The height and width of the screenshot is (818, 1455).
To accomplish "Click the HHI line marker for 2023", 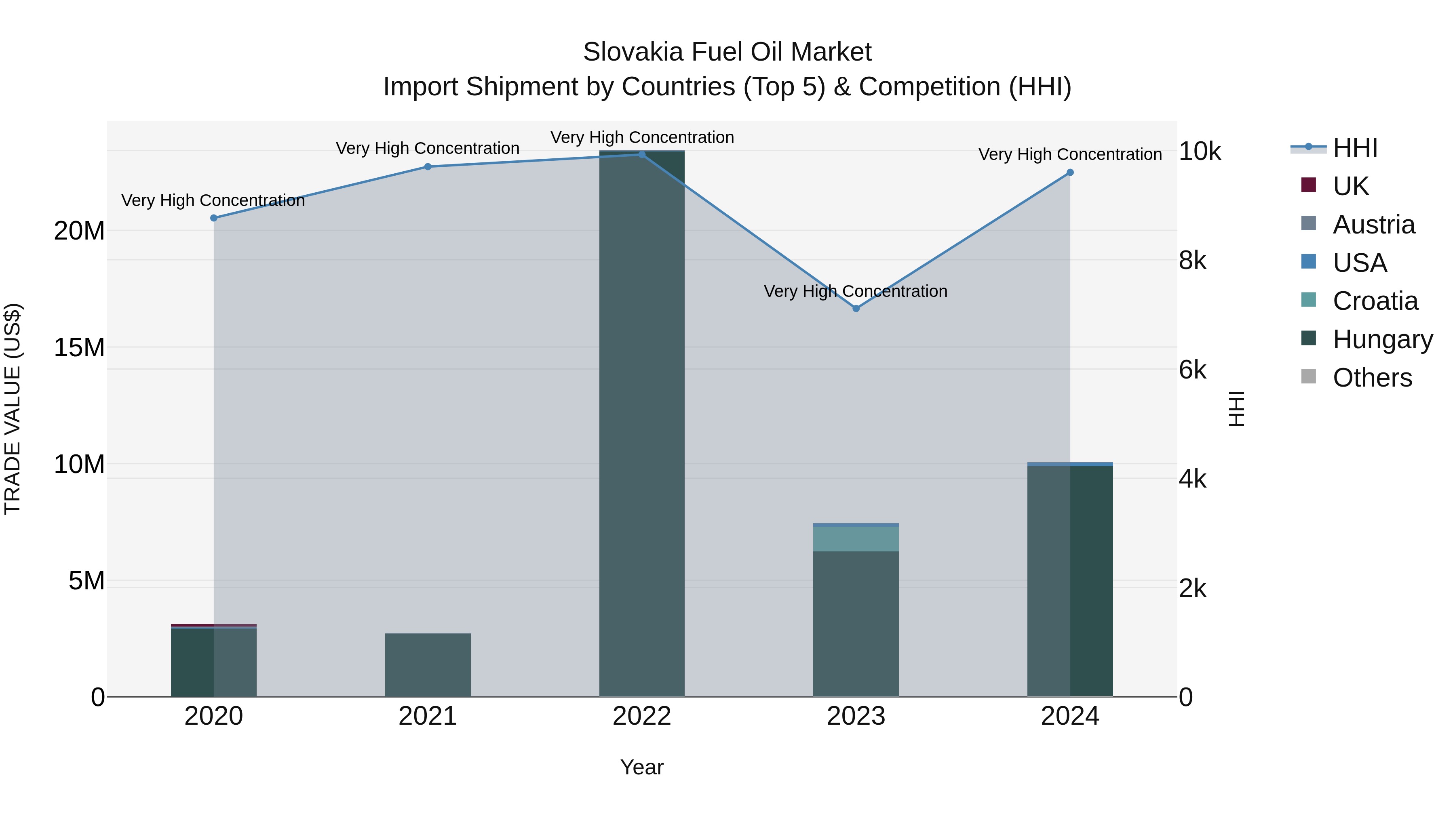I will [x=856, y=308].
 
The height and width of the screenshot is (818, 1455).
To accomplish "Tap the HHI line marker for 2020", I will [x=213, y=218].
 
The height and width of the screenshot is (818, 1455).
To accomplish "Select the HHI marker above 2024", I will [x=1070, y=173].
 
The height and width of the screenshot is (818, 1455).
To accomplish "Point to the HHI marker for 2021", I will [x=428, y=166].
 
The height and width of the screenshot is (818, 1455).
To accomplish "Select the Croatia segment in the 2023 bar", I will [x=856, y=538].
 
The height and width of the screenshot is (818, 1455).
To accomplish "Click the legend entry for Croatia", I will [x=1375, y=301].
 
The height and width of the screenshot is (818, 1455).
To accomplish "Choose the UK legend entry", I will [x=1350, y=186].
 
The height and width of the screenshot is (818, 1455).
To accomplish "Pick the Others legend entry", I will [x=1372, y=378].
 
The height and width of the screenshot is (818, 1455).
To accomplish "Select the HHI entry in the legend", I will [x=1355, y=148].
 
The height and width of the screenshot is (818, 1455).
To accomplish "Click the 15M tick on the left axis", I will [x=79, y=347].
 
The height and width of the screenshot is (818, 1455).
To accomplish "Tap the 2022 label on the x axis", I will [x=642, y=716].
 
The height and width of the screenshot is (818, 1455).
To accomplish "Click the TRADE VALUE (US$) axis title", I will [x=13, y=409].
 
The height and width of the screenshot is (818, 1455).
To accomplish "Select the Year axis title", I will [x=642, y=767].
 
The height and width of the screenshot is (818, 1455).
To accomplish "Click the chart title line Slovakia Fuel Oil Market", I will [x=727, y=52].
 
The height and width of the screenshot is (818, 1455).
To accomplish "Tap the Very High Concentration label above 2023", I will [x=856, y=291].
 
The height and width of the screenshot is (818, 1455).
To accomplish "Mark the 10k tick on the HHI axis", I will [x=1200, y=151].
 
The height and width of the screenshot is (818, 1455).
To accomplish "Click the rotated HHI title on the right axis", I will [x=1236, y=409].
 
